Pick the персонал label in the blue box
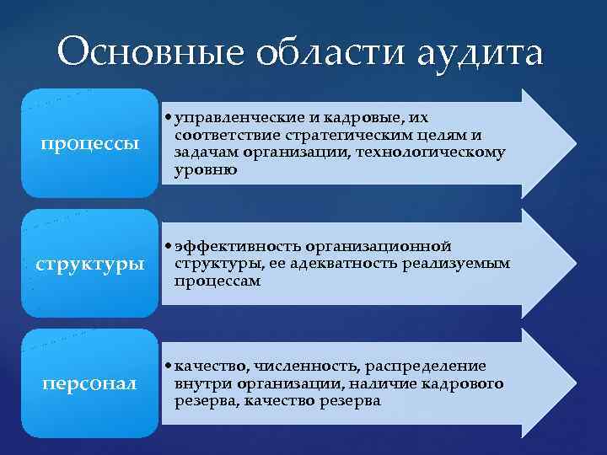coord(90,384)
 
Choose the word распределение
coord(427,366)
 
